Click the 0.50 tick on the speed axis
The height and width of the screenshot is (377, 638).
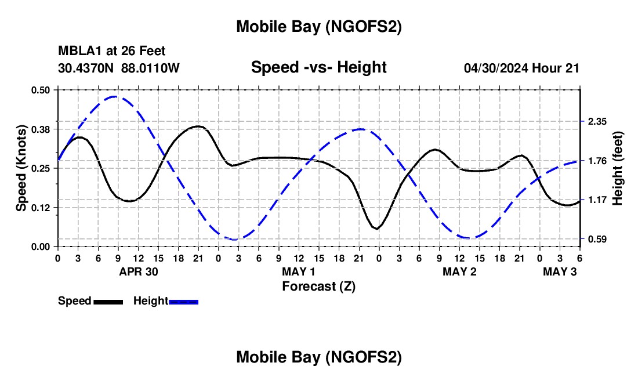pos(41,89)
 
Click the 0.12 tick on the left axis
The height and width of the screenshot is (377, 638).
pos(41,207)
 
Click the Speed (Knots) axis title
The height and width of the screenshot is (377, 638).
pos(21,168)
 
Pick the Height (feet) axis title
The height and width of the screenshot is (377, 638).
pos(617,168)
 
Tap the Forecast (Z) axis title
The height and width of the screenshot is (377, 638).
pos(318,286)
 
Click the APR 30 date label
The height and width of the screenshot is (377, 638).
pos(139,271)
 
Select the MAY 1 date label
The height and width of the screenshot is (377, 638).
pos(298,271)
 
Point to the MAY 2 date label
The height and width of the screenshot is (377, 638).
pos(459,271)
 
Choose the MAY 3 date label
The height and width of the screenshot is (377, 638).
pos(560,271)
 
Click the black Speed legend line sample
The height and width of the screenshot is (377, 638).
pos(108,302)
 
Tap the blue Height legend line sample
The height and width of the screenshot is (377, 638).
pos(184,302)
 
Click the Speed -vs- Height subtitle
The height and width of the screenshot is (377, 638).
pos(318,67)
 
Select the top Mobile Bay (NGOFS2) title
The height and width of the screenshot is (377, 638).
pos(318,27)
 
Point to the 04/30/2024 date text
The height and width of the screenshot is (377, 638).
pos(496,68)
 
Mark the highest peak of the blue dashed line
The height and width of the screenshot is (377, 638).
pos(114,96)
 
